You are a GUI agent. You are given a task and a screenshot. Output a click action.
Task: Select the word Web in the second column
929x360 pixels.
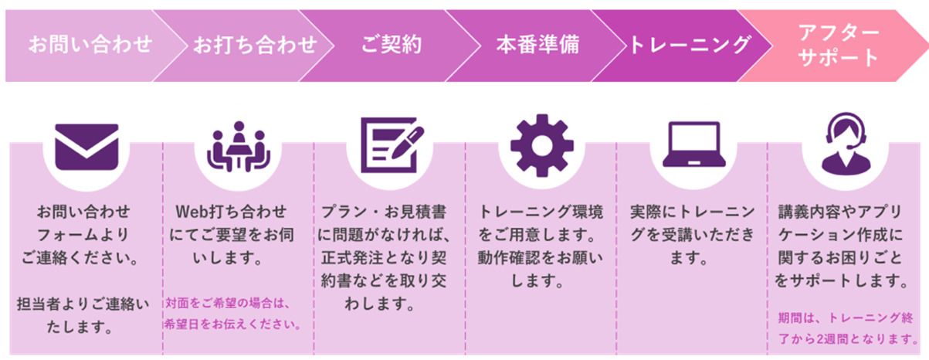point(193,211)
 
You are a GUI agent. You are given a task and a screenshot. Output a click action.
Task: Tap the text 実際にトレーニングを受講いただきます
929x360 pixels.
point(689,234)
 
